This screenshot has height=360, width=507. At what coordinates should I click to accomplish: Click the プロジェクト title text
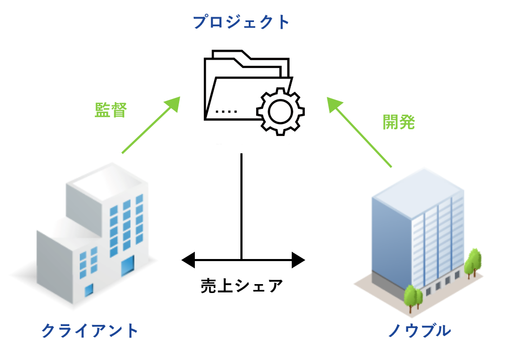(x=241, y=22)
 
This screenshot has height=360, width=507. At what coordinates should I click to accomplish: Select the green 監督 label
(x=111, y=109)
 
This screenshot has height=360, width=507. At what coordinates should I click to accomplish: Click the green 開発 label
(x=399, y=121)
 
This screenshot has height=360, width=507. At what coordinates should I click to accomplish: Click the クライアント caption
(x=90, y=331)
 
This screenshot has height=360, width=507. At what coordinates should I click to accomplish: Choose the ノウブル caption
(x=418, y=331)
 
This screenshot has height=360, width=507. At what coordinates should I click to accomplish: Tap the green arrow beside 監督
(x=150, y=125)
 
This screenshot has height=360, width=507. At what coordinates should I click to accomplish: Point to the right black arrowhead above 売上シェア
(x=297, y=259)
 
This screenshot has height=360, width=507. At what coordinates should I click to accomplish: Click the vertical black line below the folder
(x=241, y=204)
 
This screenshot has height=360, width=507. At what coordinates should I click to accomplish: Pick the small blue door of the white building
(x=89, y=289)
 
